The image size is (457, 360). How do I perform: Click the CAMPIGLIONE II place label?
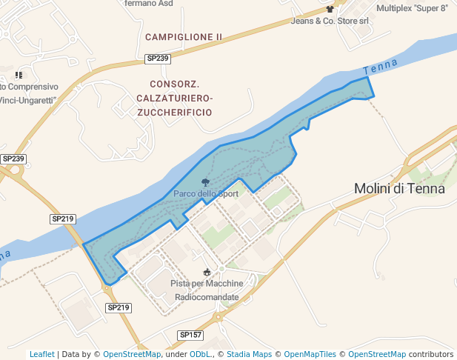pyautogui.click(x=184, y=37)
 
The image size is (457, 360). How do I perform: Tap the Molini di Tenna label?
pyautogui.click(x=399, y=188)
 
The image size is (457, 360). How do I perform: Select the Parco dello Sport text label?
pyautogui.click(x=206, y=194)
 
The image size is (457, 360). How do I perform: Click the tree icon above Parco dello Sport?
pyautogui.click(x=205, y=182)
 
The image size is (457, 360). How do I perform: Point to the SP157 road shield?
pyautogui.click(x=190, y=336)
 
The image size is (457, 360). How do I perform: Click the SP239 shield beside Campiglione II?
pyautogui.click(x=158, y=59)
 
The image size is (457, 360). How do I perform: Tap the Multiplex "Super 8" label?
pyautogui.click(x=412, y=9)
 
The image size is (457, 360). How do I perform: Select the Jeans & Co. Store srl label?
pyautogui.click(x=330, y=21)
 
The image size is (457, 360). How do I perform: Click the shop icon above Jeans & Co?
pyautogui.click(x=330, y=10)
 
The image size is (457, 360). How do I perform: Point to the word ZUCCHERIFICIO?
pyautogui.click(x=174, y=112)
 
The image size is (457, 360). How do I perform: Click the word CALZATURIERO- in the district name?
pyautogui.click(x=175, y=98)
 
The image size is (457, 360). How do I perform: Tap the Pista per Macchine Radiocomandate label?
pyautogui.click(x=207, y=290)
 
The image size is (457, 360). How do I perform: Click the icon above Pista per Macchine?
pyautogui.click(x=207, y=272)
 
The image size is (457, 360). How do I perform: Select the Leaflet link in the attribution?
pyautogui.click(x=41, y=354)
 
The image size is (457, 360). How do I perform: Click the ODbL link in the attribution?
pyautogui.click(x=199, y=354)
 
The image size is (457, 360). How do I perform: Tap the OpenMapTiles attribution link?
pyautogui.click(x=312, y=354)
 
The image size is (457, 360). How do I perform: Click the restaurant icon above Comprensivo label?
pyautogui.click(x=19, y=75)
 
